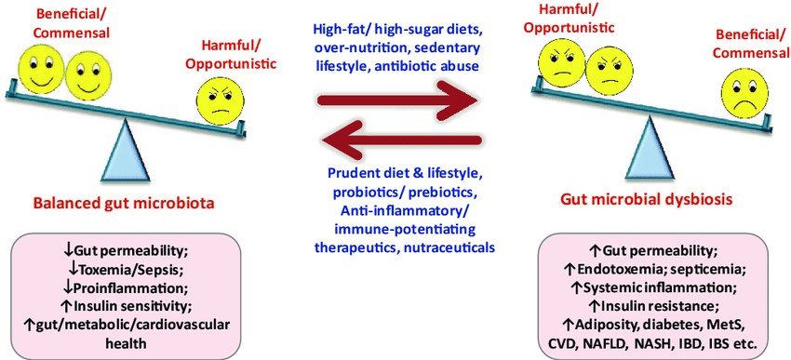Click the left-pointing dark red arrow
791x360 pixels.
[x=400, y=140]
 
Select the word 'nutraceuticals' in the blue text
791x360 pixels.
[x=448, y=247]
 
